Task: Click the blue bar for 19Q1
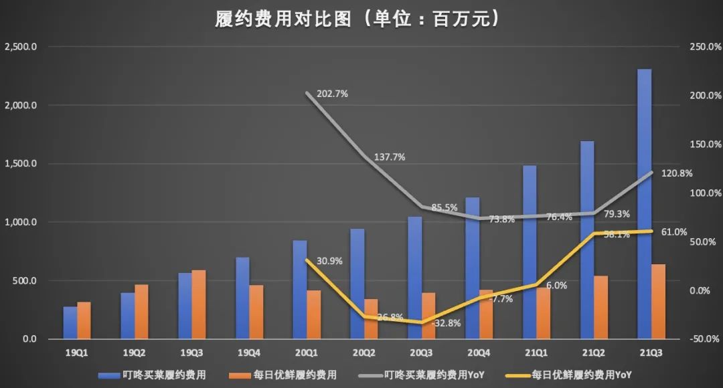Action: (70, 322)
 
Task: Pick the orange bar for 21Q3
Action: (658, 301)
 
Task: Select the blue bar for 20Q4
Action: (472, 268)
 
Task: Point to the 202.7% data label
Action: (331, 94)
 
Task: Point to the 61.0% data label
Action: (674, 232)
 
